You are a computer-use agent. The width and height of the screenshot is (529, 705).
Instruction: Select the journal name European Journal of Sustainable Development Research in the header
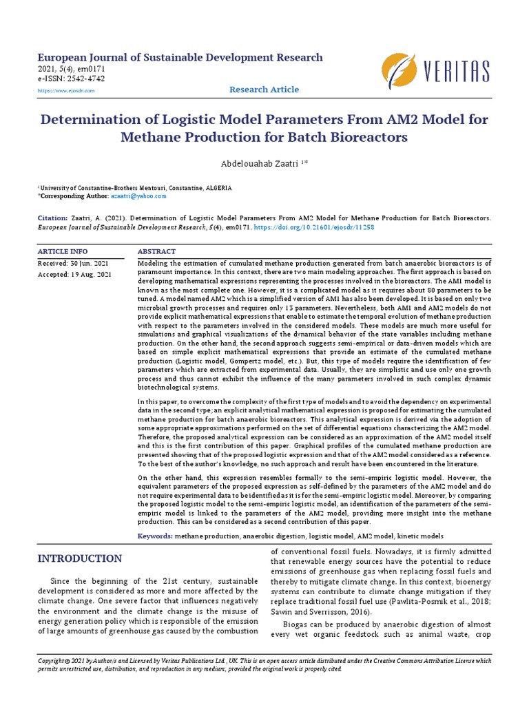pyautogui.click(x=179, y=58)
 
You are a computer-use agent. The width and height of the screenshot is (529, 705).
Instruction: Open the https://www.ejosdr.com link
pyautogui.click(x=66, y=91)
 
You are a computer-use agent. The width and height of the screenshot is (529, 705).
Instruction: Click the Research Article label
pyautogui.click(x=264, y=90)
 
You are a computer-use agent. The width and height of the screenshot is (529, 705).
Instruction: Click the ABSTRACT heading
pyautogui.click(x=156, y=252)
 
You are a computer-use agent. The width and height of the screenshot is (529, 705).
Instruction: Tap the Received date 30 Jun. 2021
pyautogui.click(x=73, y=264)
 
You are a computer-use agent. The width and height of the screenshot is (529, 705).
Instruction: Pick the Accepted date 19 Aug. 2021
pyautogui.click(x=74, y=275)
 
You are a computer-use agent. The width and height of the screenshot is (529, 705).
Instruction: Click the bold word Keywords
pyautogui.click(x=155, y=536)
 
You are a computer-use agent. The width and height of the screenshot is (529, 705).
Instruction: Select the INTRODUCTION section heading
pyautogui.click(x=80, y=558)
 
